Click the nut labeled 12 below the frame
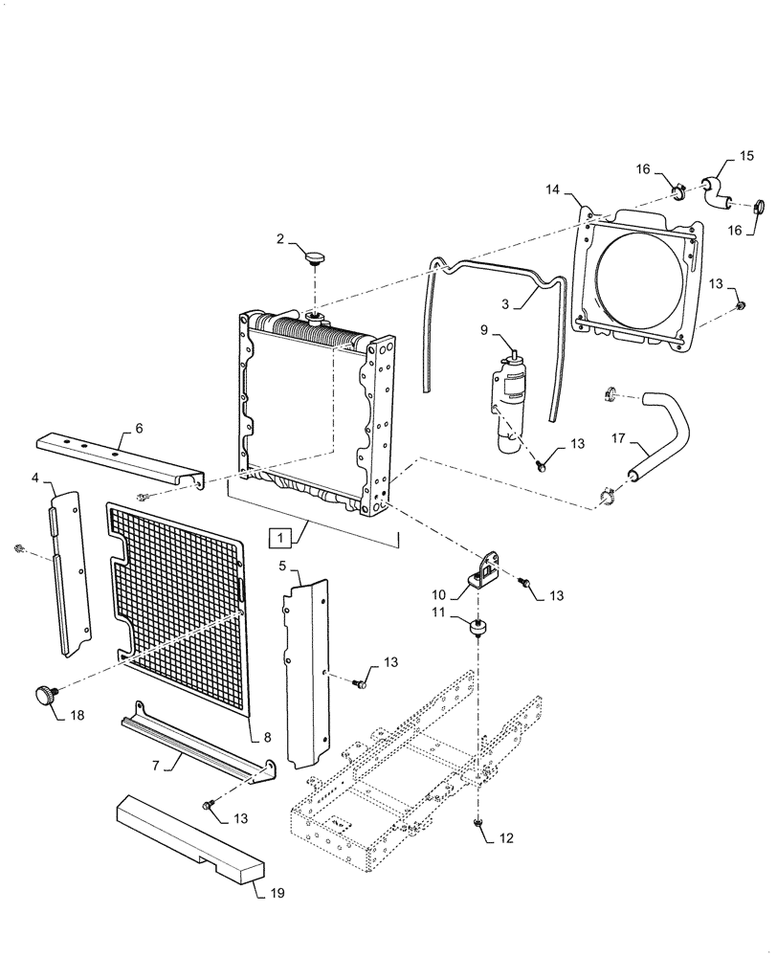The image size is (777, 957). (x=477, y=822)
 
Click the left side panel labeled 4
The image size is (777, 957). (x=70, y=574)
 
